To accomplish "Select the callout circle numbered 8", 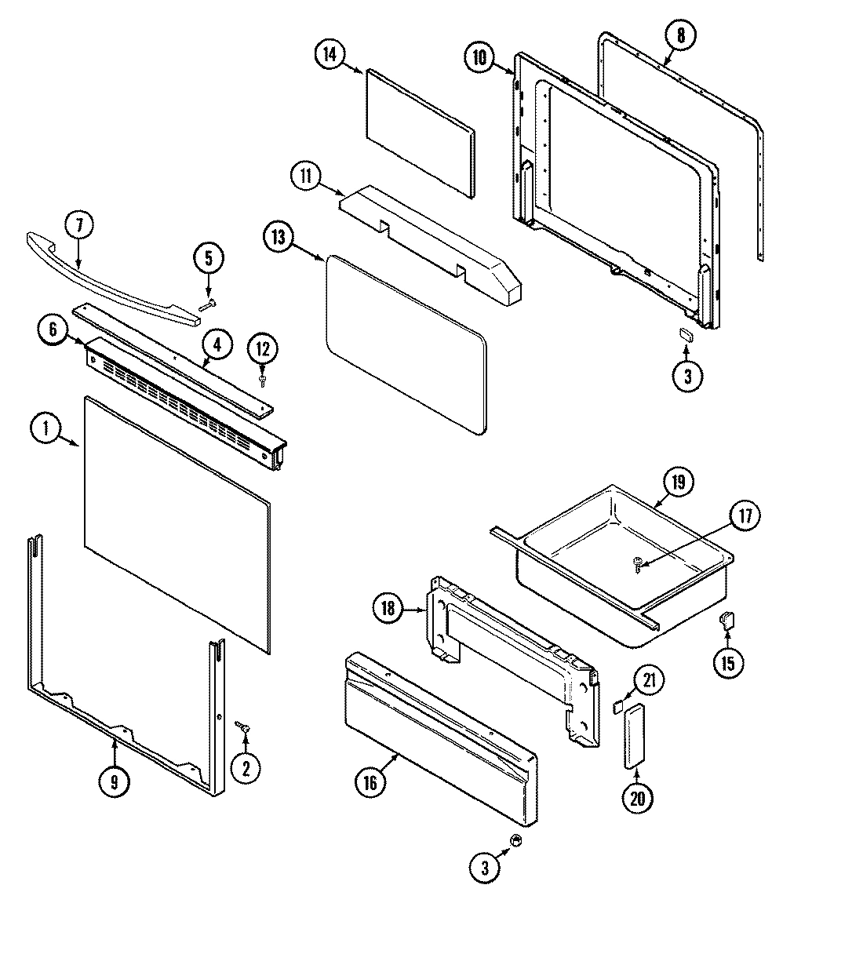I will [x=679, y=35].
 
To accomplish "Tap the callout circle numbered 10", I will [x=479, y=56].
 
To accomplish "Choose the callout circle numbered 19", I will [x=678, y=481].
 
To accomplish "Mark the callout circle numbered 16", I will [x=371, y=782].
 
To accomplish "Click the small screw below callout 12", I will [x=263, y=381].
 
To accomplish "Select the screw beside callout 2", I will [x=245, y=730].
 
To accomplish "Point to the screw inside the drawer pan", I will [x=637, y=562].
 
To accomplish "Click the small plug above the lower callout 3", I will [x=515, y=840].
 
